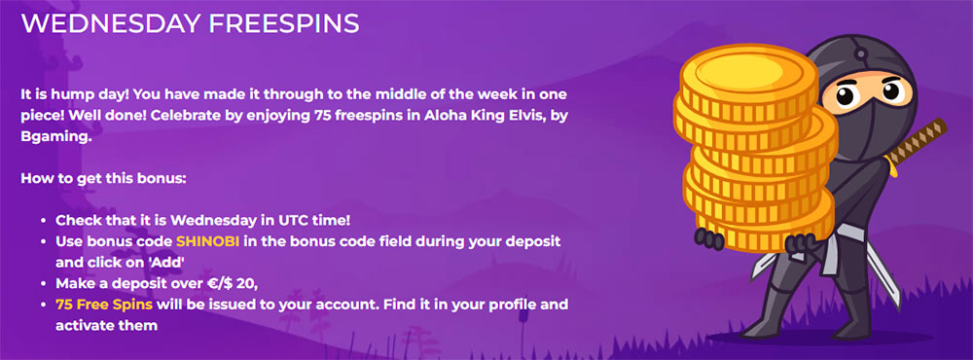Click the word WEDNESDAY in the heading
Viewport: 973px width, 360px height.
111,23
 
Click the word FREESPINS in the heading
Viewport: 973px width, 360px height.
284,23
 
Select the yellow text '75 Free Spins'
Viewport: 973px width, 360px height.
104,305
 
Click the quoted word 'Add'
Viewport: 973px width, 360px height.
163,263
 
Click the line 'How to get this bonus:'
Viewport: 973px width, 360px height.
104,178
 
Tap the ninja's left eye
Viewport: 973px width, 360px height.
846,95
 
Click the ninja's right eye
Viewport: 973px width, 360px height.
891,91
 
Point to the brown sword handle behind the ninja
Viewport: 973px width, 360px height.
918,140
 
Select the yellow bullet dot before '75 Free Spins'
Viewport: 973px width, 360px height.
43,305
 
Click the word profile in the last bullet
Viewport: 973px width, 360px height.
511,305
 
